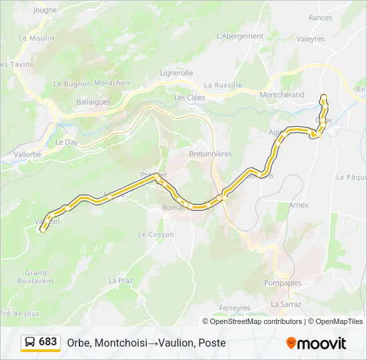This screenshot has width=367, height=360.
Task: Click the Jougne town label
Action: coord(45,10)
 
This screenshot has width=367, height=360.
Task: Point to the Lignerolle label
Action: coord(176,73)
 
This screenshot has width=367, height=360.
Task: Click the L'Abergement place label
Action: coord(240,36)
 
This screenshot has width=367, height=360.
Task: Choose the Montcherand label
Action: coord(282,95)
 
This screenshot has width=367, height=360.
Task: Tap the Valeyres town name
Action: coord(310,39)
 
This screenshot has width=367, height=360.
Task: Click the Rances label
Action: coord(320,18)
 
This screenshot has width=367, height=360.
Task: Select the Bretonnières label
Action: coord(210,154)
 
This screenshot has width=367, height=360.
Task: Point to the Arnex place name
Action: coord(298,205)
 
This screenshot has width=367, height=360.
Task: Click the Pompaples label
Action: coord(284,283)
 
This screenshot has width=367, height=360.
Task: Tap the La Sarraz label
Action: coord(286,304)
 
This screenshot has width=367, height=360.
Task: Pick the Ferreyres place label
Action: coord(235,308)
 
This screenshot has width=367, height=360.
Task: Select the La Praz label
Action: coord(121,280)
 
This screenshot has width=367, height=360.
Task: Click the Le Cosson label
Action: coord(155,235)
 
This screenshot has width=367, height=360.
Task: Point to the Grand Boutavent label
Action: coord(35,277)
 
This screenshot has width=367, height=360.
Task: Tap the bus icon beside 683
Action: coord(30,342)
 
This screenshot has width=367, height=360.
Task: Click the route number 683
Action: coord(48,342)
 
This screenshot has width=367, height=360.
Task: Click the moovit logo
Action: coord(316,343)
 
